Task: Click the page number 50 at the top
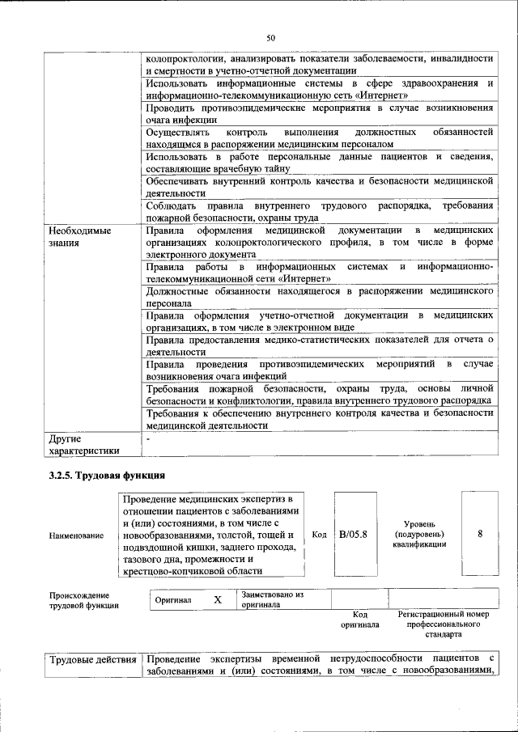pos(271,37)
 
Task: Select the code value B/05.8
pos(353,535)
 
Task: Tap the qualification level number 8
pos(480,535)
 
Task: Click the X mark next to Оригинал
pos(217,600)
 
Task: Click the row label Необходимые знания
pos(79,236)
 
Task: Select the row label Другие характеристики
pos(84,444)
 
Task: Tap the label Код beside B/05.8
pos(319,535)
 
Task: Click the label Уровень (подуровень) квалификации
pos(418,535)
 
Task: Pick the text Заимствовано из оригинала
pos(271,599)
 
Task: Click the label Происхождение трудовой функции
pos(83,599)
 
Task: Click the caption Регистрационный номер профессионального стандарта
pos(444,624)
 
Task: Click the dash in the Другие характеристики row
pos(149,438)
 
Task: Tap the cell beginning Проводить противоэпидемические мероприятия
pos(319,113)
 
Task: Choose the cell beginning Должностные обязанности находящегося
pos(319,296)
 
